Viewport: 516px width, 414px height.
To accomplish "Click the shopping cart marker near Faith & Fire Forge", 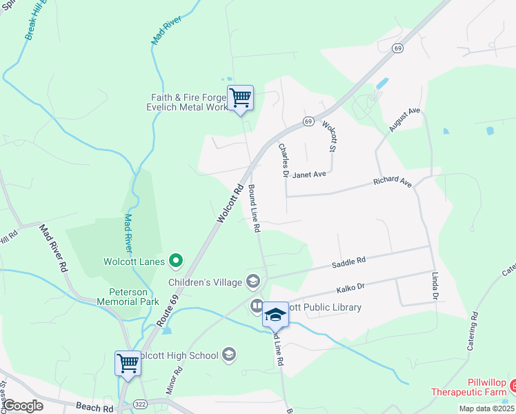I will [x=240, y=98].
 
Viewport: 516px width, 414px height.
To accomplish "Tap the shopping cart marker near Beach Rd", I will [x=128, y=363].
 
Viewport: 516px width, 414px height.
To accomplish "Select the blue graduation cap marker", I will [x=275, y=315].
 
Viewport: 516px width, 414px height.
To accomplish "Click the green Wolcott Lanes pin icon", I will [x=176, y=261].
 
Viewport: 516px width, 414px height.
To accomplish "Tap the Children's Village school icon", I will [x=253, y=282].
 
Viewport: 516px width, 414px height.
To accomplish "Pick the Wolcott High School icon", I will [x=229, y=355].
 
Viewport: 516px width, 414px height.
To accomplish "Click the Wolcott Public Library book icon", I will [x=256, y=305].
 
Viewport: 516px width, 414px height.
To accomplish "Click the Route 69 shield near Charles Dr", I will [x=308, y=121].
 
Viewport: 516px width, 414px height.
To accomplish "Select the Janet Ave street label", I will [x=308, y=175].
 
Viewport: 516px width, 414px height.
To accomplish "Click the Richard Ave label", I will [x=392, y=182].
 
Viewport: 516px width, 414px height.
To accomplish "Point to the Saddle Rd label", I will [x=348, y=262].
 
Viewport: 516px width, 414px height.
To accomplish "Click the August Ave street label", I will [x=404, y=119].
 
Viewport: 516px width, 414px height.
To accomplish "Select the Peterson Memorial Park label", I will [x=128, y=297].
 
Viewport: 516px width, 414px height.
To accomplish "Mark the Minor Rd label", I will [x=175, y=379].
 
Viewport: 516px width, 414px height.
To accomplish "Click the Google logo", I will [x=23, y=406].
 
